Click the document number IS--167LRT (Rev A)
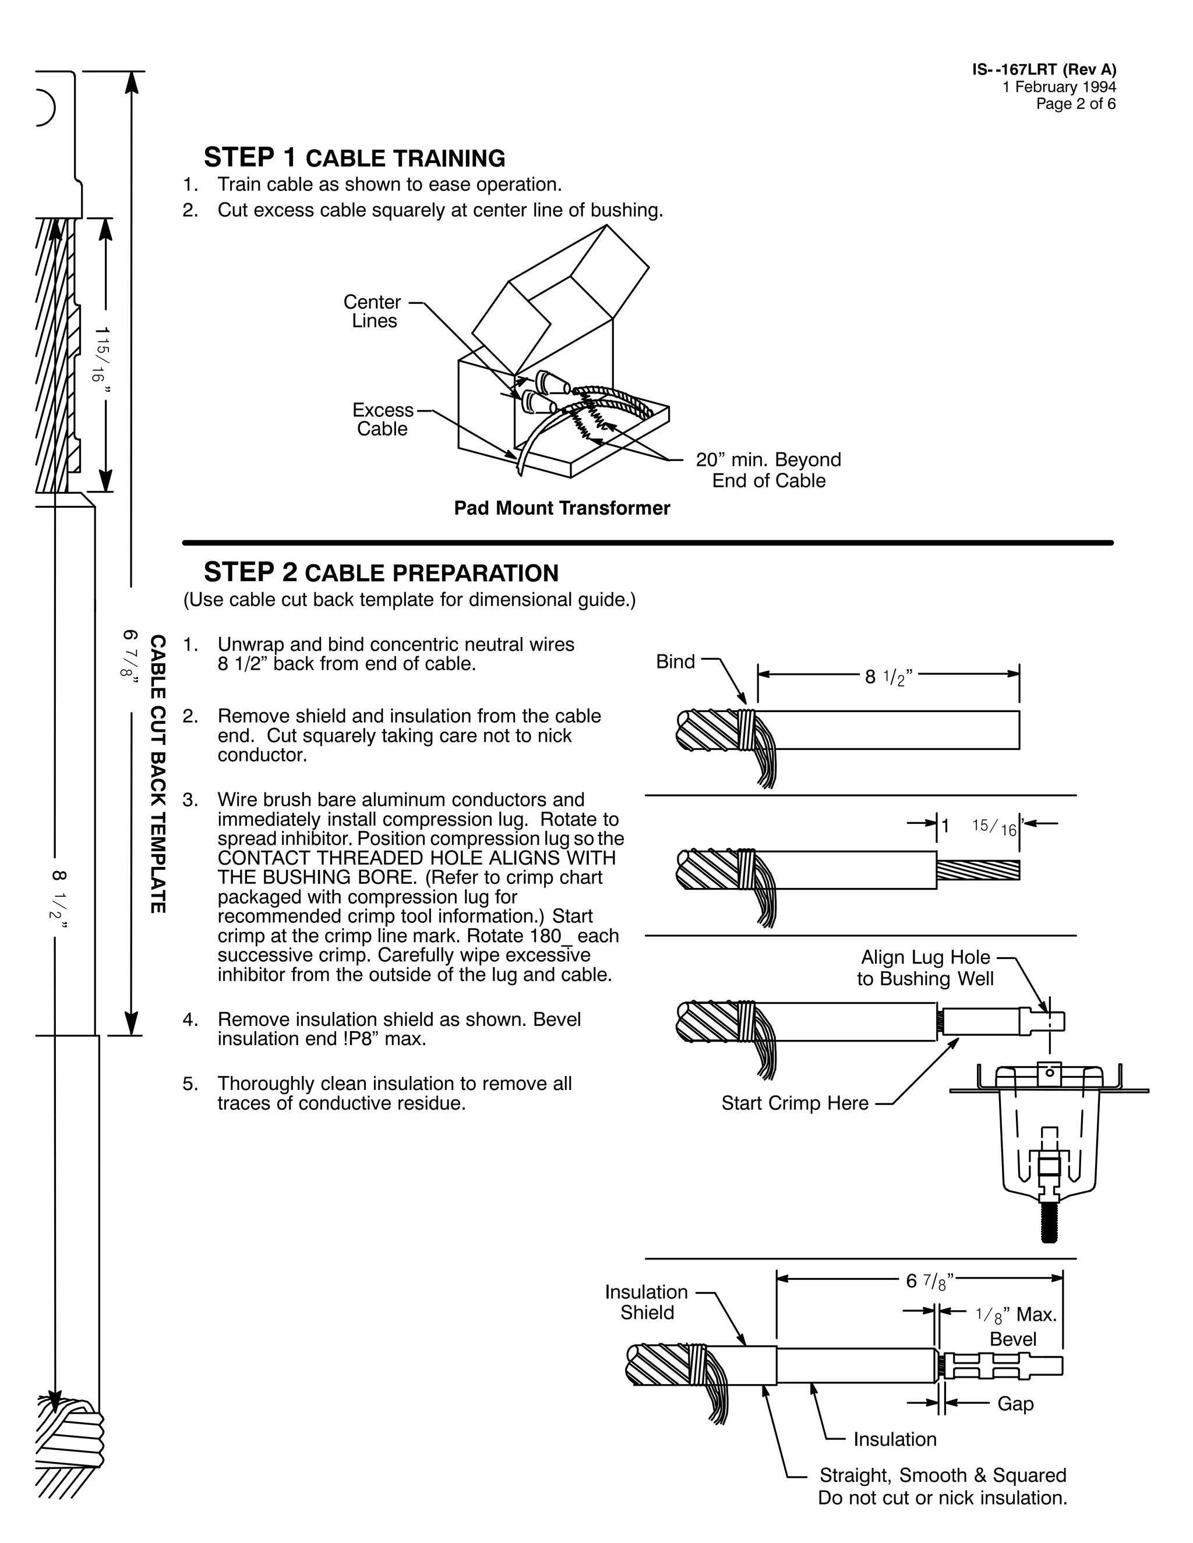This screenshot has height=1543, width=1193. [1044, 69]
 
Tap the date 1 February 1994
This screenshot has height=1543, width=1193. [1058, 87]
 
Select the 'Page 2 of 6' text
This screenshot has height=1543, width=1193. [1076, 104]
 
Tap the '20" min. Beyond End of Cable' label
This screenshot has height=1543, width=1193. [768, 470]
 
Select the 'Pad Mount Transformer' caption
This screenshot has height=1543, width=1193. [562, 508]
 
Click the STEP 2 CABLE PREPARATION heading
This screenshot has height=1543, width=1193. [381, 572]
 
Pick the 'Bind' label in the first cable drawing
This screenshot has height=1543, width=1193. [676, 661]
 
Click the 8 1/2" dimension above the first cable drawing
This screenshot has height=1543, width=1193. [889, 677]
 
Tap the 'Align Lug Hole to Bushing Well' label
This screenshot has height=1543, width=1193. [925, 968]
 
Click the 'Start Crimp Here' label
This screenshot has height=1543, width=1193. [795, 1103]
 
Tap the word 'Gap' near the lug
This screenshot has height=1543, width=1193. [1015, 1403]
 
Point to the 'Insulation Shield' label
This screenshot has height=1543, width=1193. [646, 1302]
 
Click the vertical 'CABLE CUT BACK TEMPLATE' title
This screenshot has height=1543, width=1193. [158, 774]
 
